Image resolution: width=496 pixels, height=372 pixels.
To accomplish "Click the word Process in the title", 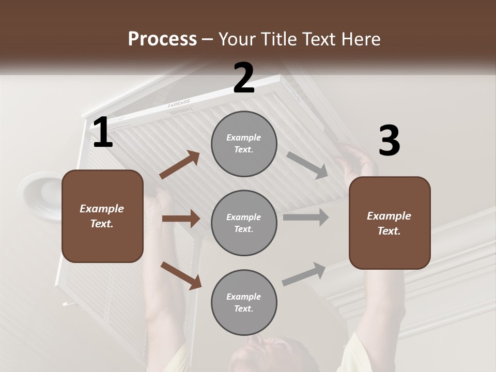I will [162, 39].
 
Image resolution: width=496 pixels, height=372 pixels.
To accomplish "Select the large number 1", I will [102, 133].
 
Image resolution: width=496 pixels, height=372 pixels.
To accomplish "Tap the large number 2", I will [244, 78].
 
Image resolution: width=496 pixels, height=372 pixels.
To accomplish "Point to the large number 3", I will [389, 141].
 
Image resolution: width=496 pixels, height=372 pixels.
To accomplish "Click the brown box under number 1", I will [102, 216].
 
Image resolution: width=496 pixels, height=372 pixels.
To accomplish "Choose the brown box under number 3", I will [390, 223].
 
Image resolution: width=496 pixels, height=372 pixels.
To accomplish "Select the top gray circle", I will [244, 144].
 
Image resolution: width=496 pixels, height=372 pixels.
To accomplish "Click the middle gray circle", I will [244, 223].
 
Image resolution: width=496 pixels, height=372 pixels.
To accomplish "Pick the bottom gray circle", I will [244, 302].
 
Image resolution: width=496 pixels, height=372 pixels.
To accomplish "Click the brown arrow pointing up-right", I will [180, 165].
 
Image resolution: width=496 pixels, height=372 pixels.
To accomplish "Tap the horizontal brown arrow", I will [181, 219].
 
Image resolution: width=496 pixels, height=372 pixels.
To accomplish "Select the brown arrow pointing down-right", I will [181, 275].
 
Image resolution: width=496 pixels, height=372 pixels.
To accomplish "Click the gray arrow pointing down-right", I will [307, 165].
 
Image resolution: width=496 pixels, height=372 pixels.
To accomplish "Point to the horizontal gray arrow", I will [305, 218].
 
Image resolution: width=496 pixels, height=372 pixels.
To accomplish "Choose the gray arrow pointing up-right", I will [304, 274].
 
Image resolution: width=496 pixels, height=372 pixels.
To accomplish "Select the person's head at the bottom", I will [263, 357].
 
